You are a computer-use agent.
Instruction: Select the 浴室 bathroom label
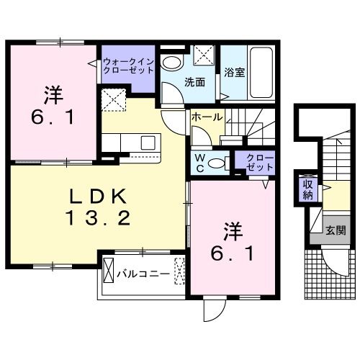click(x=233, y=73)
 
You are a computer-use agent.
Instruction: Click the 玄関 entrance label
click(x=335, y=231)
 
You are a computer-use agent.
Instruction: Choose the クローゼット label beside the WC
click(x=254, y=162)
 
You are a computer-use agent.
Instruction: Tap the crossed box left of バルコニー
click(x=108, y=274)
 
